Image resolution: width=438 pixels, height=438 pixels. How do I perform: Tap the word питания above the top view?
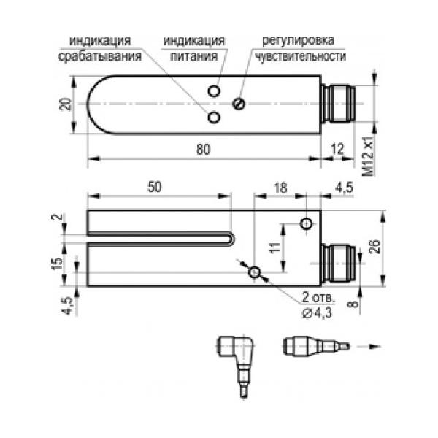coord(194,55)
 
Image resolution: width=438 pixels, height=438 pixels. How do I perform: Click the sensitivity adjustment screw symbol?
coord(239,103)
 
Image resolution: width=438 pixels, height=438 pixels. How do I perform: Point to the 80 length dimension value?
coord(203,149)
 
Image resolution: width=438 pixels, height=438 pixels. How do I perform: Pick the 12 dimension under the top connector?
coord(336,149)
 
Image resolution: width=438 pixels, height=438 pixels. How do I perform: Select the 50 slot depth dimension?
coord(155,187)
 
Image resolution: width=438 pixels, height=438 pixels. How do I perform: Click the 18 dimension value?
coord(280,187)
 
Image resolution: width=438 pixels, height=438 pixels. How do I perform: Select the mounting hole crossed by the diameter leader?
coord(254,272)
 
